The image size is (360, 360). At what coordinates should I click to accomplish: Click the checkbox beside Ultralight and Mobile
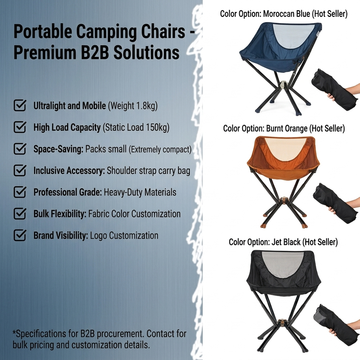(x=20, y=105)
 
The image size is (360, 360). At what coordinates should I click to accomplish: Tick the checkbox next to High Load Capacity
(x=20, y=127)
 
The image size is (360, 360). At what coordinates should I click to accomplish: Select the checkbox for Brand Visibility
(x=20, y=235)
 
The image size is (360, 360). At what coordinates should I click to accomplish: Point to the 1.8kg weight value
(x=146, y=106)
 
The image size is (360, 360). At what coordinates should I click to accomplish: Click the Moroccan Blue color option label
(x=283, y=14)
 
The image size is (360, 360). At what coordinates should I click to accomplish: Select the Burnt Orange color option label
(x=284, y=128)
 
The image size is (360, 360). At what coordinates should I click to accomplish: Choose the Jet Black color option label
(x=283, y=242)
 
